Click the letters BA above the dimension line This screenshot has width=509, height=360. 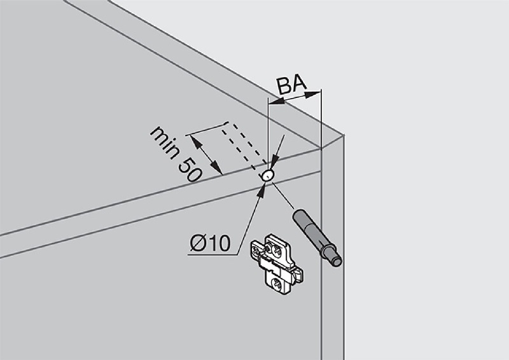click(x=291, y=85)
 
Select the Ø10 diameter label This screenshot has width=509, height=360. click(x=210, y=242)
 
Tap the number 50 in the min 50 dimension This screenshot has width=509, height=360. click(x=189, y=170)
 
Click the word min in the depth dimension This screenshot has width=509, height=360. click(x=164, y=143)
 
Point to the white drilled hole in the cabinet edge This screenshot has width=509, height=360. click(x=268, y=175)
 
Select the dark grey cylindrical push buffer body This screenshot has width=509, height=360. click(x=312, y=232)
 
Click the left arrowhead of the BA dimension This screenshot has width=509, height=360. click(x=276, y=102)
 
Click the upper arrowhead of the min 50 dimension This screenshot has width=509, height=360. click(x=195, y=142)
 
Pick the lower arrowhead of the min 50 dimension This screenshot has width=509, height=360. click(x=216, y=167)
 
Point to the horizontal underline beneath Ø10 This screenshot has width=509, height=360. click(x=213, y=254)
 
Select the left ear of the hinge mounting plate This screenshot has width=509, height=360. click(x=256, y=249)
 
